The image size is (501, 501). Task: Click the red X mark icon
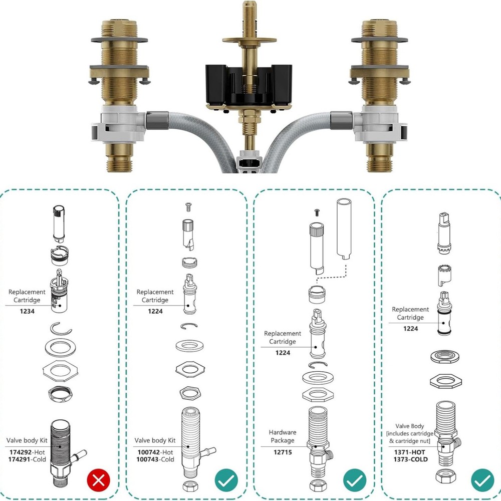(99, 481)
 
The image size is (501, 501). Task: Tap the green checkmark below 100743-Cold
(226, 481)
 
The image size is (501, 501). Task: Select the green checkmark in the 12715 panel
(355, 481)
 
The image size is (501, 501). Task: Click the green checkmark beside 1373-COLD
(482, 481)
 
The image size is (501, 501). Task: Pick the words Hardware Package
(283, 436)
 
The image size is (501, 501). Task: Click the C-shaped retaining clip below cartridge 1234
(62, 328)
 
